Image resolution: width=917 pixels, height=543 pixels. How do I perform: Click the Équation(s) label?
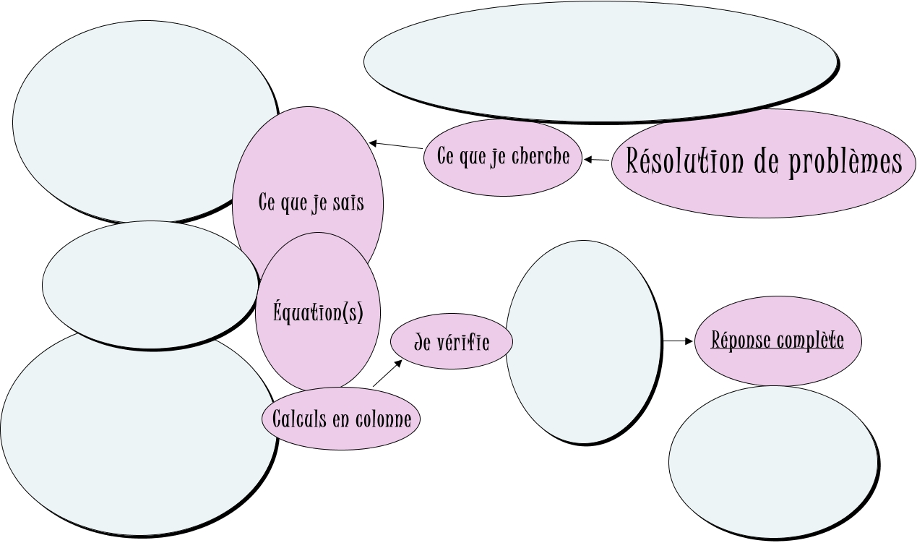pos(318,313)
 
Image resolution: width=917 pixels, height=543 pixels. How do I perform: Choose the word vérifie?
pos(462,342)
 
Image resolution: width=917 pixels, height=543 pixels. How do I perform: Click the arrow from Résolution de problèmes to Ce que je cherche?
pos(597,159)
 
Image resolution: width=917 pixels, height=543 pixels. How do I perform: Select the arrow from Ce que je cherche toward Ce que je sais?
pos(396,145)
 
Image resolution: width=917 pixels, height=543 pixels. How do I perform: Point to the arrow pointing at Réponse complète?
pos(679,341)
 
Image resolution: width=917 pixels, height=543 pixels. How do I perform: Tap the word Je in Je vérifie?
pos(423,342)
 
